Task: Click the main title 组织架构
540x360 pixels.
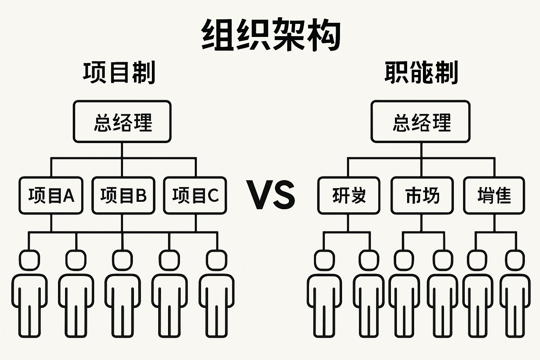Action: pos(271,35)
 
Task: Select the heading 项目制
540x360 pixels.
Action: pos(119,73)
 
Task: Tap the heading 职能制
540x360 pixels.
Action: pos(421,73)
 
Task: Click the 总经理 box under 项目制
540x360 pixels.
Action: pos(122,122)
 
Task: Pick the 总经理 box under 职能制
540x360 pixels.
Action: pos(420,122)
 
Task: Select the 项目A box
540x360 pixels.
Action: pos(51,195)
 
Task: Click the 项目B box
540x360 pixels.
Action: pos(123,195)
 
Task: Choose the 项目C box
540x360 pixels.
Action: pos(195,195)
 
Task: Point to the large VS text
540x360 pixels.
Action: pos(270,195)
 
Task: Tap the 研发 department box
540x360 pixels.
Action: pos(349,195)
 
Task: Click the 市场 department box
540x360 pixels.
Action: pos(422,195)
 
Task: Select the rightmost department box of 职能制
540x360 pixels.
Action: pos(494,195)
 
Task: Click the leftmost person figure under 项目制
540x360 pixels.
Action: pos(30,295)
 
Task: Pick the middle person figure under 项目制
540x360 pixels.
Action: pos(123,295)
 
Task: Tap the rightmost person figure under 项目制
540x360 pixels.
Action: pos(217,295)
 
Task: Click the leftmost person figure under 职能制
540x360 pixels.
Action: pos(324,295)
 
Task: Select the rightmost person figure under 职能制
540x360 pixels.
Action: pos(515,295)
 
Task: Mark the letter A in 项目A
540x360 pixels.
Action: pos(68,195)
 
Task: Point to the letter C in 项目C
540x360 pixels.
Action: pos(213,195)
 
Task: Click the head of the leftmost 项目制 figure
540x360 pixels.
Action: pos(30,260)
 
